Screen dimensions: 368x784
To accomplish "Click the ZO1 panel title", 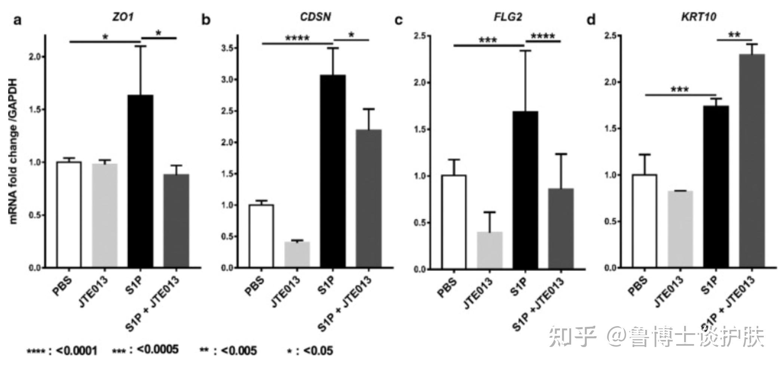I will click(x=123, y=17).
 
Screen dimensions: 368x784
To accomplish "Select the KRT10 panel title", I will click(x=698, y=17).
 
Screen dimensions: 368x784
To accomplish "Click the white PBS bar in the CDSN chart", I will click(x=261, y=236).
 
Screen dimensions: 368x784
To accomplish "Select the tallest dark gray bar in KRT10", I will click(x=752, y=161).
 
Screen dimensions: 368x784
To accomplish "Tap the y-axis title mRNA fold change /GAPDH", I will click(x=13, y=151).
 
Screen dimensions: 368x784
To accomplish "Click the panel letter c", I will click(x=399, y=20).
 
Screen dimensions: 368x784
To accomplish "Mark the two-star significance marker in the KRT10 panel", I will click(x=734, y=35).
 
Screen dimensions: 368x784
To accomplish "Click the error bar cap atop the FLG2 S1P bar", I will click(x=525, y=50).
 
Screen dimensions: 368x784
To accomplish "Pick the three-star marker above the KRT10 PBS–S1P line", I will click(x=680, y=89).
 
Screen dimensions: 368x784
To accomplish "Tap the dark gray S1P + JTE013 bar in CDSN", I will click(x=369, y=198).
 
